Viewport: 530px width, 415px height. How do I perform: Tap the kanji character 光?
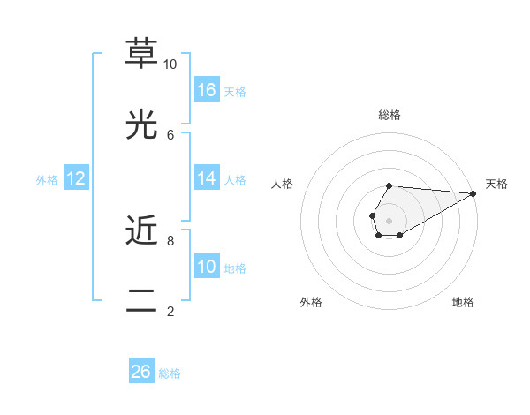click(141, 125)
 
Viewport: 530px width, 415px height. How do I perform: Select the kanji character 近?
click(141, 231)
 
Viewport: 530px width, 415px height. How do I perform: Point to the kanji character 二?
click(141, 302)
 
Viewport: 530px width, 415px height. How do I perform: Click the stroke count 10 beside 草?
click(170, 64)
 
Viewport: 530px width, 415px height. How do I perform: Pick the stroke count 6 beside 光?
click(170, 134)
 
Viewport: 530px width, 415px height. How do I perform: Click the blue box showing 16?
click(207, 90)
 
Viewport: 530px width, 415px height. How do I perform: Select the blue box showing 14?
click(207, 178)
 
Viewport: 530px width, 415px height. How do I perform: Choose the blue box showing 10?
click(207, 267)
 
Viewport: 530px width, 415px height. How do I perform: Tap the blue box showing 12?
click(76, 178)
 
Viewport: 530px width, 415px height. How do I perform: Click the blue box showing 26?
click(141, 372)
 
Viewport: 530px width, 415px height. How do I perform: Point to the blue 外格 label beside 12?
click(47, 180)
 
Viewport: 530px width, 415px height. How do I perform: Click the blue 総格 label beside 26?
click(170, 373)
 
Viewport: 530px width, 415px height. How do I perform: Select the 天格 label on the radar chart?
click(496, 184)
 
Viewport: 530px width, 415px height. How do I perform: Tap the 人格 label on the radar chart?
click(282, 184)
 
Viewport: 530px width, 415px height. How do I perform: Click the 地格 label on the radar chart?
click(463, 302)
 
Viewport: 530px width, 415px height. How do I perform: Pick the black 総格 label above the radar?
click(390, 115)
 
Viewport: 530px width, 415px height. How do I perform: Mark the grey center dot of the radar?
click(390, 220)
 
